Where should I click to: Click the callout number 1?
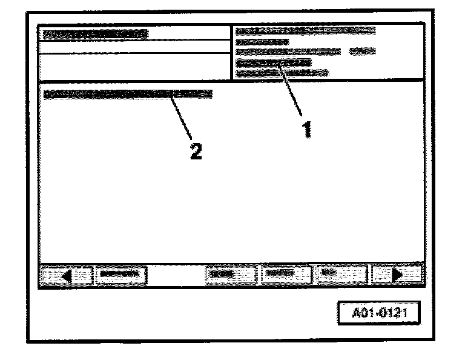click(307, 128)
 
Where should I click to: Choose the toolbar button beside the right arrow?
click(342, 274)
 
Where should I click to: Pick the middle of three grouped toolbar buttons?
click(286, 274)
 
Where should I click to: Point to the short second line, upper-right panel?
click(262, 42)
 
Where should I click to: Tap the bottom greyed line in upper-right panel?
click(282, 73)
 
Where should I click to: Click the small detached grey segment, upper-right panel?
click(363, 52)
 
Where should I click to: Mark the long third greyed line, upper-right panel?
click(288, 52)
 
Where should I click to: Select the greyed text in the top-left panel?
click(94, 35)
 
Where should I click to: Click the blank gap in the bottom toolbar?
click(176, 274)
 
